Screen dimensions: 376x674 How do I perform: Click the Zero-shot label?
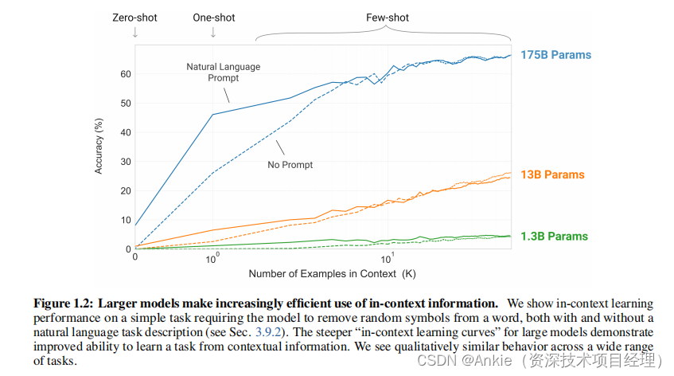(134, 17)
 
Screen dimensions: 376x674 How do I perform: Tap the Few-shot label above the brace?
(388, 17)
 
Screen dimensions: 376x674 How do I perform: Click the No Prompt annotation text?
(290, 165)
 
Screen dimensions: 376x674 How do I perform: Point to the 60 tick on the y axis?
(125, 74)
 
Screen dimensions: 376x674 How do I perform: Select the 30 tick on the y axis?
(125, 162)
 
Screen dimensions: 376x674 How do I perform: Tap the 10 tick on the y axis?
(125, 220)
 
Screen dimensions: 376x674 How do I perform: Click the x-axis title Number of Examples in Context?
(331, 274)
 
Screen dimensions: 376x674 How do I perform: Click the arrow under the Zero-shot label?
(134, 33)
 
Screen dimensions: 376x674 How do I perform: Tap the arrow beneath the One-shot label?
(212, 33)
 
